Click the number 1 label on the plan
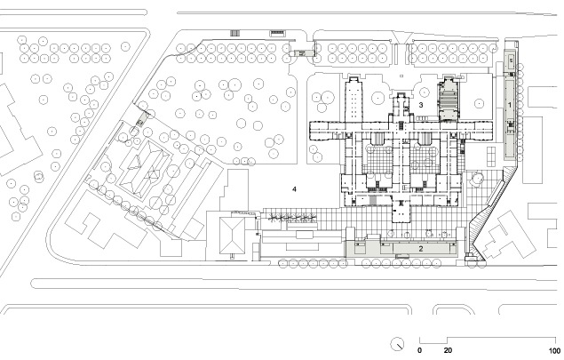tap(509, 105)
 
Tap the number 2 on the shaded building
tap(420, 248)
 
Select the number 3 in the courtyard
tap(420, 105)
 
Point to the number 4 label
tap(294, 189)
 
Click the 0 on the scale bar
tap(419, 350)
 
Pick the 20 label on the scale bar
tap(448, 350)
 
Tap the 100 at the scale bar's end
tap(554, 350)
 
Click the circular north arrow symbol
tap(397, 344)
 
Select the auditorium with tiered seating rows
tap(448, 99)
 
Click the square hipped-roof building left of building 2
tap(232, 236)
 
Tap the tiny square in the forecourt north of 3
tap(401, 76)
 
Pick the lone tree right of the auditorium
tap(479, 103)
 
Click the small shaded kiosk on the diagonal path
tap(140, 119)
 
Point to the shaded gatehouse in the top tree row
tap(302, 53)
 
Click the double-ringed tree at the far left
tap(38, 176)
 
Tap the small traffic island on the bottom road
tap(453, 309)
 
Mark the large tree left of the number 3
tap(378, 98)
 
